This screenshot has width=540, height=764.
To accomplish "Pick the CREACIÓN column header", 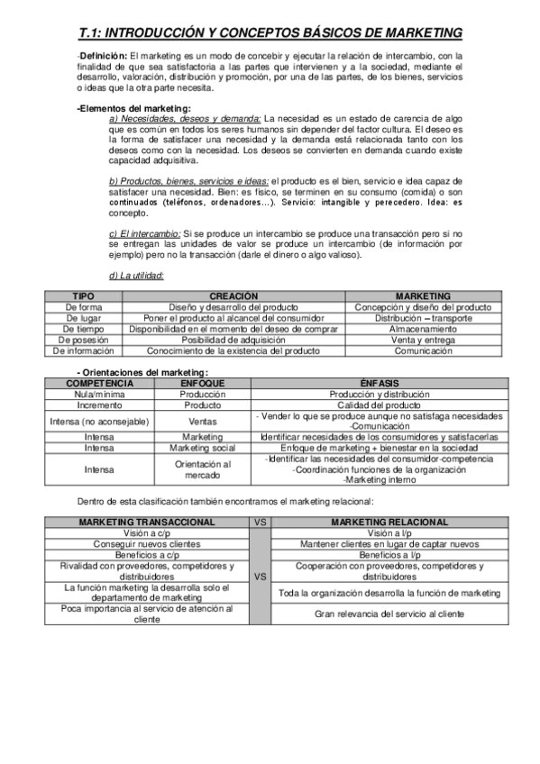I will (233, 296).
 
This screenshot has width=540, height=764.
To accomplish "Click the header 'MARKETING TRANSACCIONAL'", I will (147, 522).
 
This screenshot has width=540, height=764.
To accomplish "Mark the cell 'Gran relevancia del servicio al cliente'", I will (389, 614).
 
